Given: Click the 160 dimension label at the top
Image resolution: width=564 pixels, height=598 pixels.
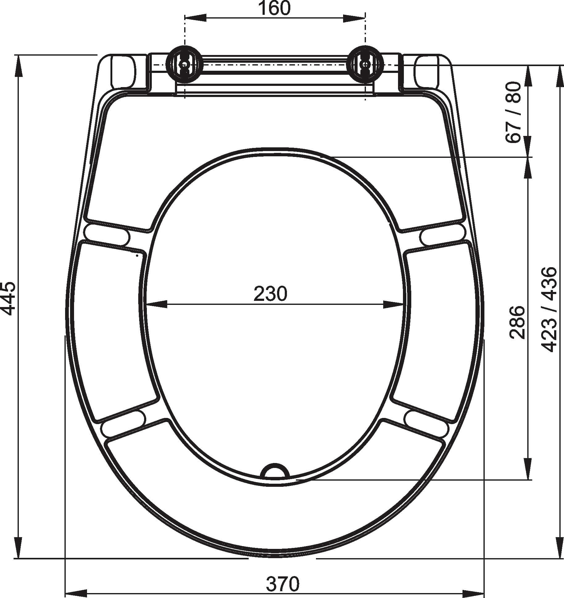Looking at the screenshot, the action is (274, 8).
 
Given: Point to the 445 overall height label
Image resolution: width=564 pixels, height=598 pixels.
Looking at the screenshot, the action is (8, 298).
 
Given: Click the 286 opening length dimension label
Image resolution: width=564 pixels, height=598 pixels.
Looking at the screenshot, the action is (517, 322).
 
